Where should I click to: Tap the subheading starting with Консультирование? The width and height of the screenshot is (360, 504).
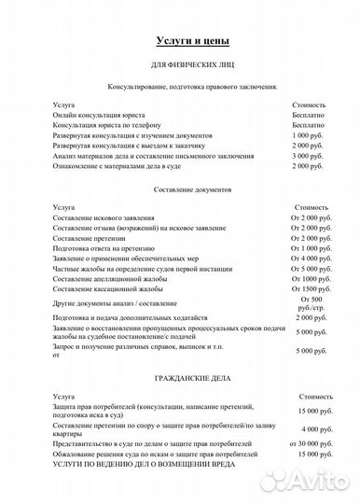190,86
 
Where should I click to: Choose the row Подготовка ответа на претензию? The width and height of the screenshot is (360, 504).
112,248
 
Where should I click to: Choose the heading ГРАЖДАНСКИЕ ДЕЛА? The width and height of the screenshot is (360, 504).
190,379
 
